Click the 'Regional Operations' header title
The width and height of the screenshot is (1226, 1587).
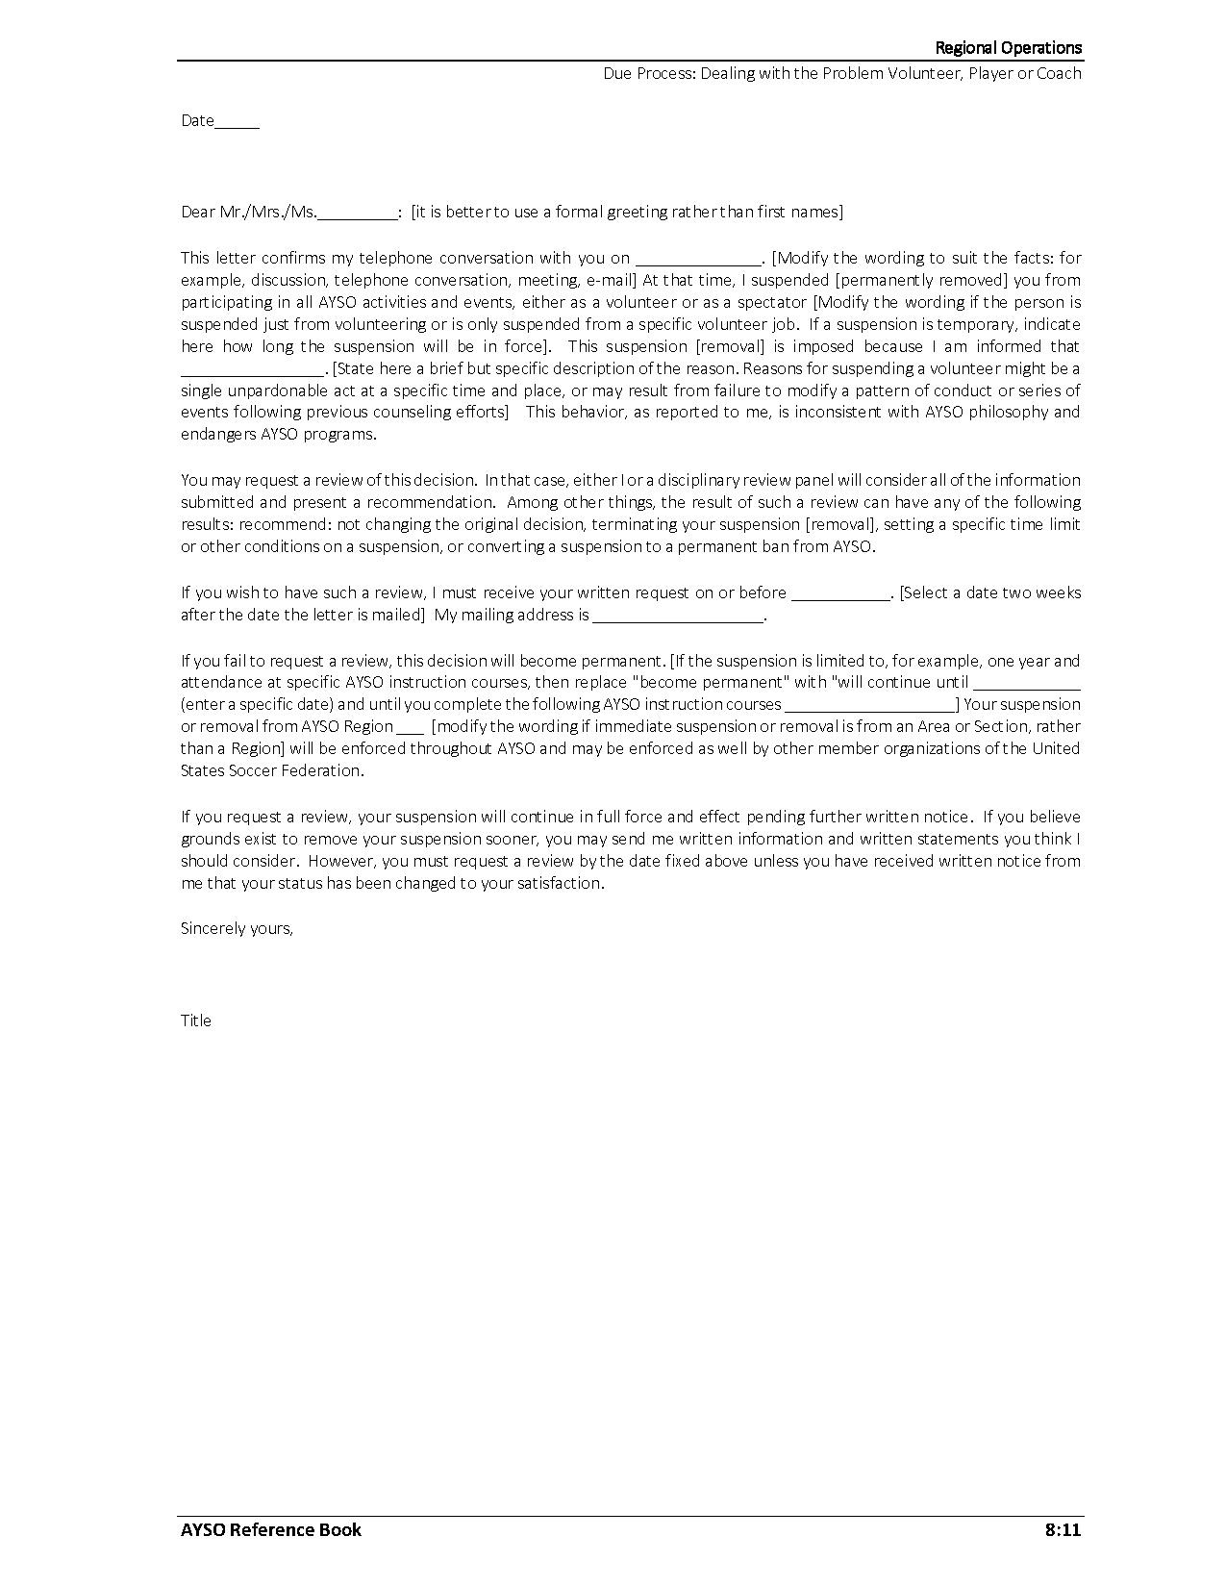pyautogui.click(x=1008, y=48)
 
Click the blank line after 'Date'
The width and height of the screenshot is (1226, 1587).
pyautogui.click(x=238, y=123)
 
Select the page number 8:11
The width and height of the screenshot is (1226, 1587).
pyautogui.click(x=1063, y=1529)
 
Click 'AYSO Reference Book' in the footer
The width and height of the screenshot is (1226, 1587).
pyautogui.click(x=271, y=1529)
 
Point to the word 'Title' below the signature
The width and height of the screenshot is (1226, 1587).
pyautogui.click(x=196, y=1020)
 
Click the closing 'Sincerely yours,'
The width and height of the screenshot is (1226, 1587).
pyautogui.click(x=237, y=928)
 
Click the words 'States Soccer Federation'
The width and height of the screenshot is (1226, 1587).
pyautogui.click(x=271, y=770)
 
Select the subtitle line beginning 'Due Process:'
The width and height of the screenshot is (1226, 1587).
pyautogui.click(x=842, y=74)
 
